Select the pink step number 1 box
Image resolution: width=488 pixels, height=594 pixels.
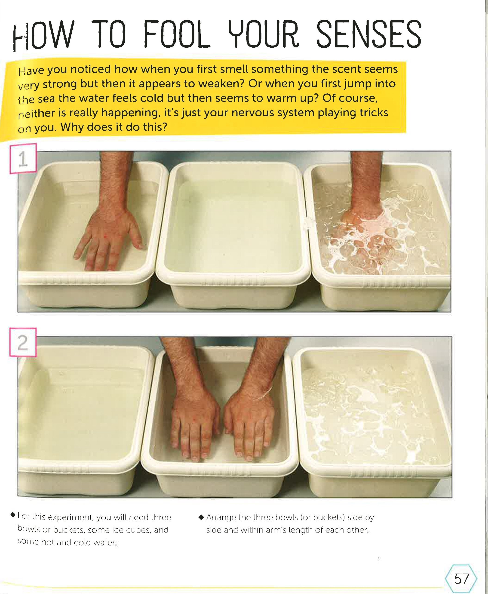click(x=23, y=159)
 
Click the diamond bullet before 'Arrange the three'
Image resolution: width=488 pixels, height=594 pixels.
click(x=201, y=517)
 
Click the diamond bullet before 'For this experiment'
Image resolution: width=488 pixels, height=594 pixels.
click(x=13, y=515)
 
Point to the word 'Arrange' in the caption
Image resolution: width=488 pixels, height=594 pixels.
click(x=221, y=517)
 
